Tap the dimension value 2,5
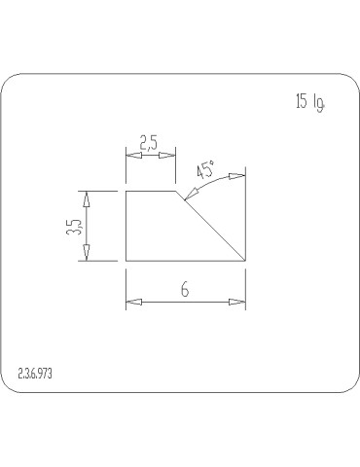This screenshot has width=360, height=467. tap(149, 143)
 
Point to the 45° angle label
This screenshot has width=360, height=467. tap(205, 170)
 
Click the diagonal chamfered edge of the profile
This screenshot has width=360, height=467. tap(209, 226)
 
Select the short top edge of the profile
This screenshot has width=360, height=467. tap(151, 191)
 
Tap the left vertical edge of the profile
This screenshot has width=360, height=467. tap(126, 226)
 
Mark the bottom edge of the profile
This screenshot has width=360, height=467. tap(185, 261)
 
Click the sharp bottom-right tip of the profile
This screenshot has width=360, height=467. tap(243, 261)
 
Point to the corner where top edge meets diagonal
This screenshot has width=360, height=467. tap(175, 191)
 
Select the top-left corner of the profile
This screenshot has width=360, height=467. tap(126, 191)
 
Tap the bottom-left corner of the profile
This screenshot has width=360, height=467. tap(126, 261)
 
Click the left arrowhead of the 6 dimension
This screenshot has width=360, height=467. tap(132, 303)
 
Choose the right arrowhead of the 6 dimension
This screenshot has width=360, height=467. tap(237, 303)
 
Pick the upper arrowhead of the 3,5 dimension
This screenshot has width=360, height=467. tap(87, 198)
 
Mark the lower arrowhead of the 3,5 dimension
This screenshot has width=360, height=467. tap(87, 254)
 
